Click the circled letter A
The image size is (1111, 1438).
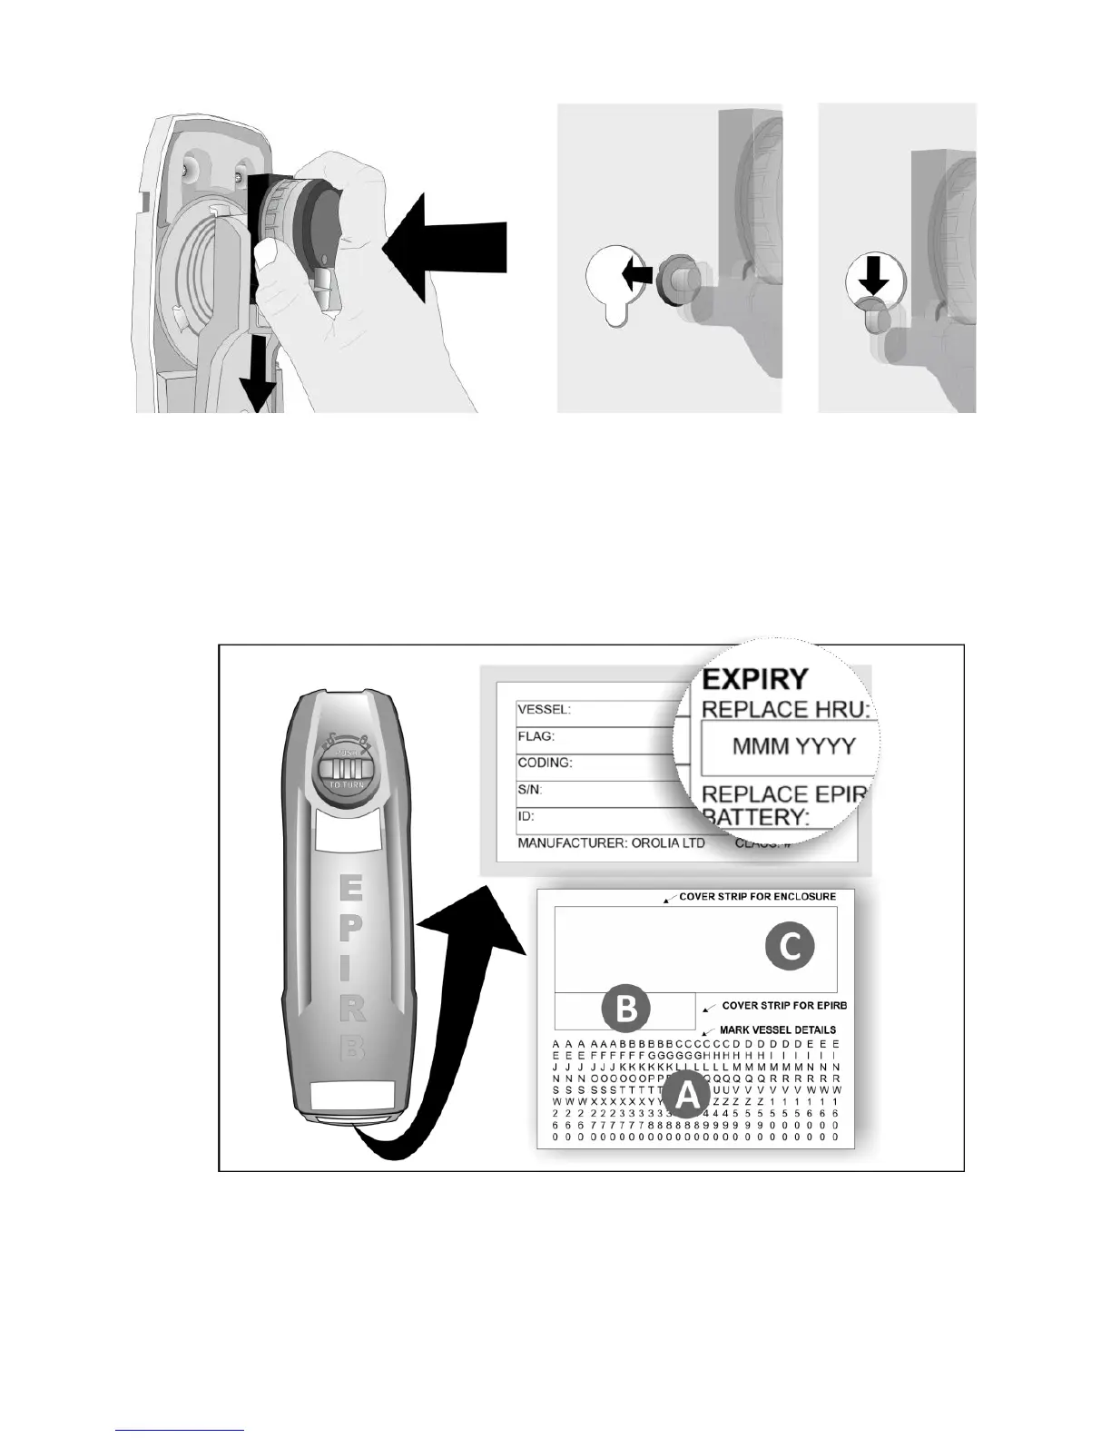tap(687, 1096)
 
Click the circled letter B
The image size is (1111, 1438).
tap(626, 1010)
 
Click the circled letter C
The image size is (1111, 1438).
tap(789, 947)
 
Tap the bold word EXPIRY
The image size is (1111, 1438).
tap(755, 679)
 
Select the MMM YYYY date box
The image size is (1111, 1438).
tap(793, 747)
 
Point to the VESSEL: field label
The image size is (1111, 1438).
tap(545, 709)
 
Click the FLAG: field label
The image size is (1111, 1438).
tap(536, 736)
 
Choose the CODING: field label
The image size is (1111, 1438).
tap(545, 763)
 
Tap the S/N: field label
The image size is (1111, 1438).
tap(529, 790)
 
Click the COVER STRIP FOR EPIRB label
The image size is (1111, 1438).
tap(784, 1006)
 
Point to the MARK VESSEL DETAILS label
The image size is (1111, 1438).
tap(777, 1029)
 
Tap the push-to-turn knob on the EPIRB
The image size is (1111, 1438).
tap(343, 772)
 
